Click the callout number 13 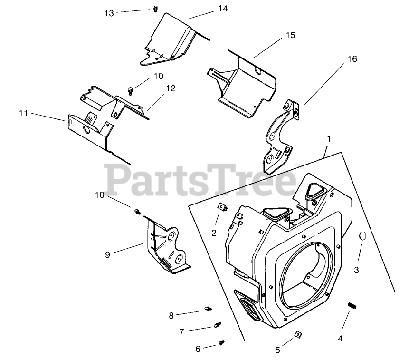point(109,13)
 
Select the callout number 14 point(223,9)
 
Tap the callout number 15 point(290,35)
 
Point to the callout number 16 point(352,59)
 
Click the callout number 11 point(23,113)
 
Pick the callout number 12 point(171,88)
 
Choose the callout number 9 point(108,254)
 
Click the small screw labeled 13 point(156,9)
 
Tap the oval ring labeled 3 point(362,236)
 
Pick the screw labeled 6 point(221,342)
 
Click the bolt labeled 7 point(218,326)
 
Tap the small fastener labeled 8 point(208,309)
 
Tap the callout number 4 point(340,339)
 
